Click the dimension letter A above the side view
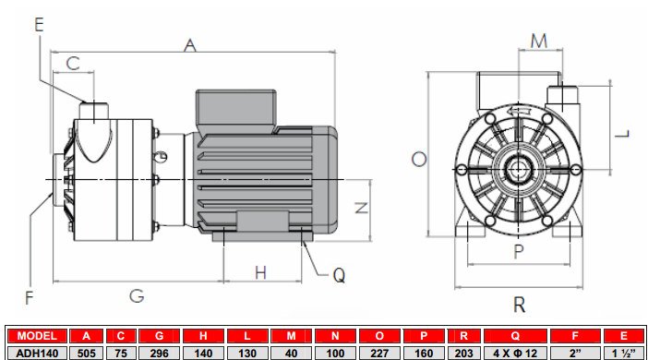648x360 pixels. click(191, 44)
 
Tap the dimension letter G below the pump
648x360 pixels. click(136, 296)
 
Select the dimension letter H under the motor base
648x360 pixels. click(261, 272)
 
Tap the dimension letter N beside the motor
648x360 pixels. click(361, 207)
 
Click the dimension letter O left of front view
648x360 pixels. click(418, 159)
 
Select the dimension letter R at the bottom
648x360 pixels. click(520, 306)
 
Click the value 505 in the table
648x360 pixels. click(87, 352)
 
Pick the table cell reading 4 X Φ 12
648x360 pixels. click(516, 352)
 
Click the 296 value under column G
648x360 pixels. click(162, 352)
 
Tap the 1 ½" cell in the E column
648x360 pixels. click(625, 352)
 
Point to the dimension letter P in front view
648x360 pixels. click(518, 250)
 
